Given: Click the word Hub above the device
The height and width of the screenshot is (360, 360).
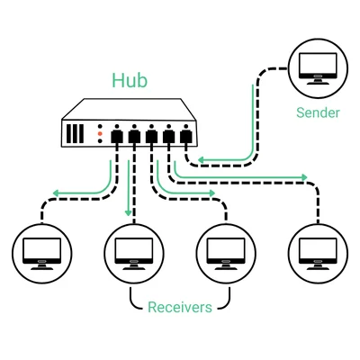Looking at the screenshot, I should coord(130,79).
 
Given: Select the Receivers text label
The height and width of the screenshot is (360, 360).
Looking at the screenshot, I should coord(180,308).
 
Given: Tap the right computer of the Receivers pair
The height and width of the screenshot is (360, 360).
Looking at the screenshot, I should coord(225,251).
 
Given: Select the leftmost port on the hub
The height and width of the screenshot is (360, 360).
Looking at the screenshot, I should coord(117,137).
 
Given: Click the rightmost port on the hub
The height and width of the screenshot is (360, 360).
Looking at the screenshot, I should coord(186,137).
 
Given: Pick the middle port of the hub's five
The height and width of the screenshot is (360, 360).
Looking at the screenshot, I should coord(151,137).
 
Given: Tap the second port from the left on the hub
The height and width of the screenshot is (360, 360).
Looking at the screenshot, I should coord(134,137).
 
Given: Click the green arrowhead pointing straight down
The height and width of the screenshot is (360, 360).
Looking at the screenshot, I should coord(129,212).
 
